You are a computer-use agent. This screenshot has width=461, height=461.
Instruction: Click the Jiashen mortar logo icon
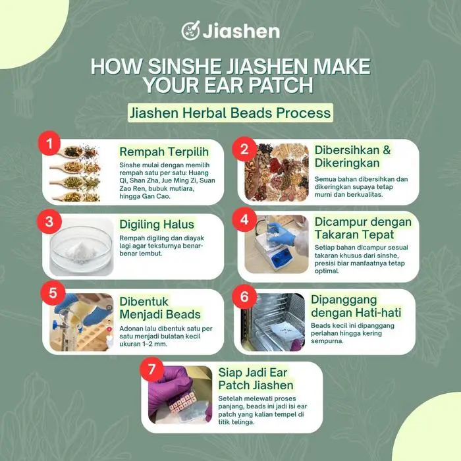190,30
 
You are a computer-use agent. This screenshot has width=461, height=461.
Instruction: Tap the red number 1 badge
49,143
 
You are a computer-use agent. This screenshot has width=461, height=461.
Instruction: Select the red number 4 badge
244,219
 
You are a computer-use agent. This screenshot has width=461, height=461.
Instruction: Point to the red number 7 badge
151,369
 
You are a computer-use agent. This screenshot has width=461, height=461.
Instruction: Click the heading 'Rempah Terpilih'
164,151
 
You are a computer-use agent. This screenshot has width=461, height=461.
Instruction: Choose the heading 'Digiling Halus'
157,225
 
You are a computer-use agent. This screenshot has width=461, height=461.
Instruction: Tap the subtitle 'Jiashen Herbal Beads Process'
230,113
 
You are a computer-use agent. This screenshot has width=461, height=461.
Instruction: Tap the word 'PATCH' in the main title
281,85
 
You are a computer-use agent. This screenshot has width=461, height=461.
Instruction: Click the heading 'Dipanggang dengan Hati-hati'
356,306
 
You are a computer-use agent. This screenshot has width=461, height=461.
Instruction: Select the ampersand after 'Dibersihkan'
387,150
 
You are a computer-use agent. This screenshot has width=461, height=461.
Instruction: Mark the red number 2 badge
244,149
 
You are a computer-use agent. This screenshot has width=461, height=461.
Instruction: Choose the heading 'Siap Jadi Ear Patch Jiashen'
256,379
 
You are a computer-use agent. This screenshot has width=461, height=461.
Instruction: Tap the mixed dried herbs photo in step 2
277,173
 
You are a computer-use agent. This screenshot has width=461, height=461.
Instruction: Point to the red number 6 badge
244,296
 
